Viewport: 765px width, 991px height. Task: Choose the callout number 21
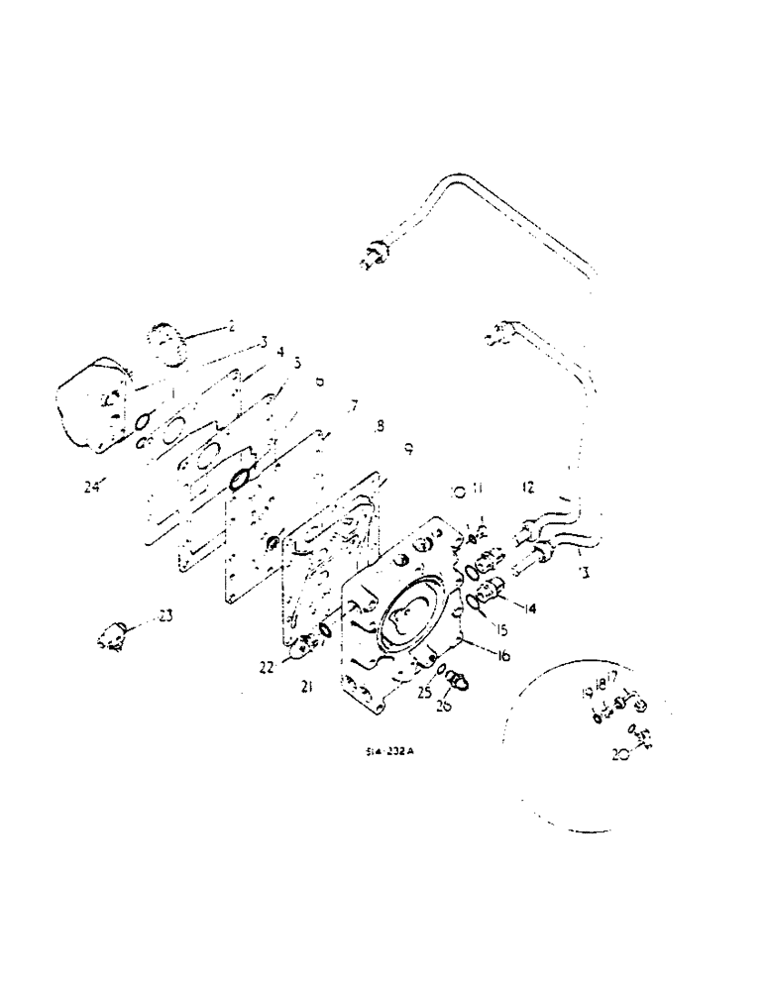(308, 686)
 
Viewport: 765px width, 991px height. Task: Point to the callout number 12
(528, 487)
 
